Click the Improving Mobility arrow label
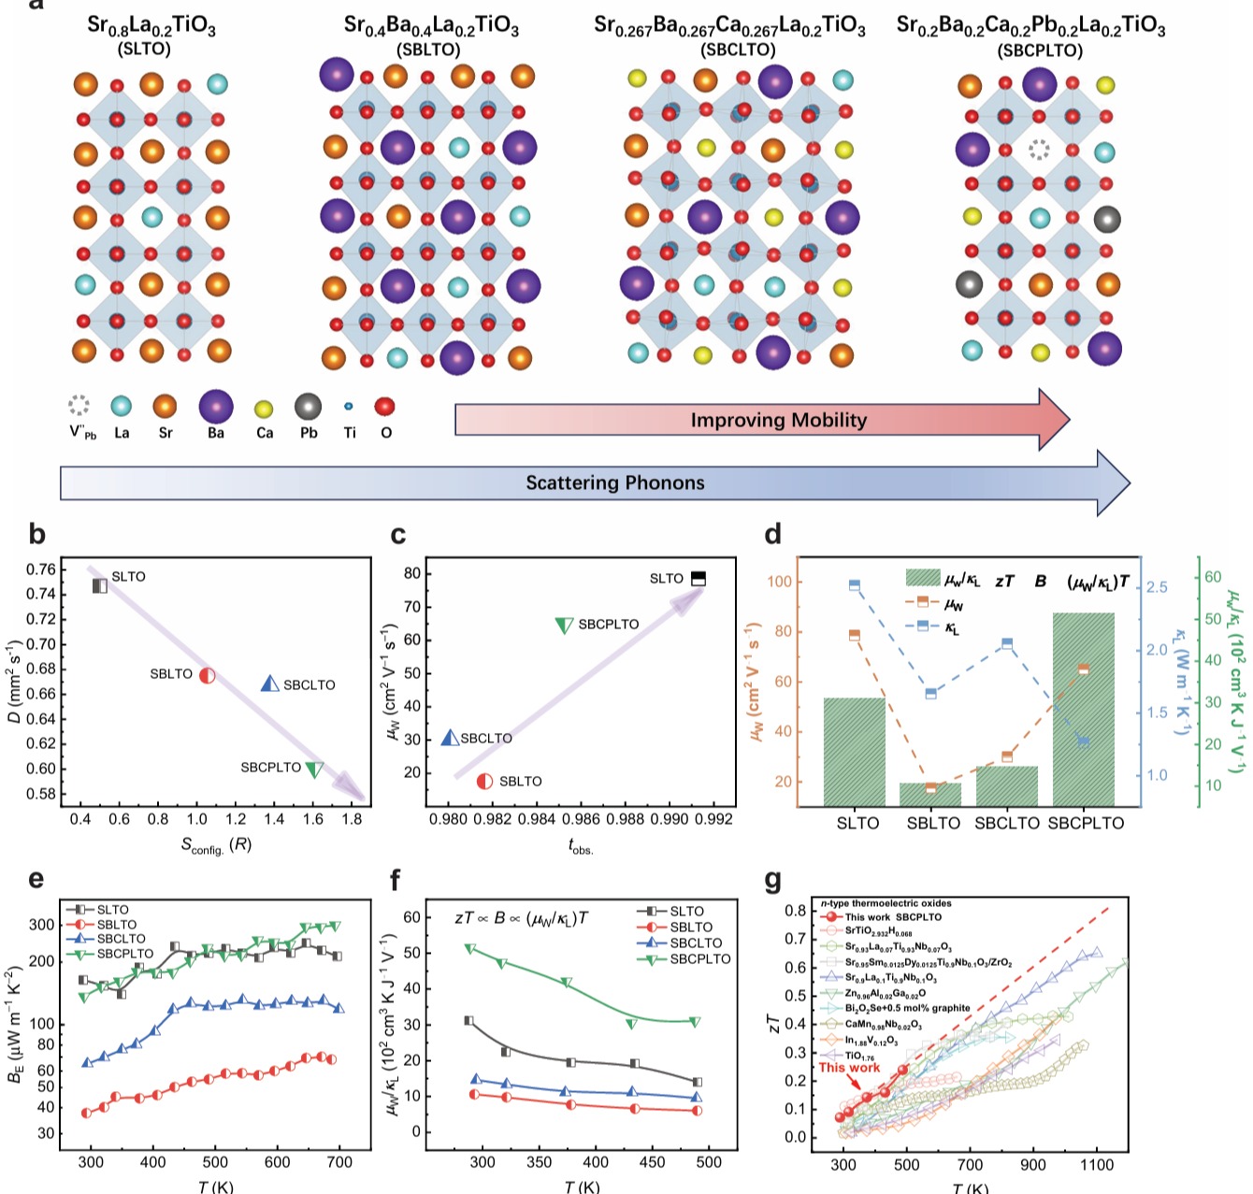[x=778, y=420]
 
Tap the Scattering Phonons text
[x=614, y=482]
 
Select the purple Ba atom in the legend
[x=216, y=407]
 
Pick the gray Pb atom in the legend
[x=309, y=407]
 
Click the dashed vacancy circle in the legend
[x=79, y=406]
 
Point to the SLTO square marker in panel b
[x=100, y=585]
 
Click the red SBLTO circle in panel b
[x=207, y=674]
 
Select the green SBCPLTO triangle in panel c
[x=564, y=625]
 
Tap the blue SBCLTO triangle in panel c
[x=450, y=737]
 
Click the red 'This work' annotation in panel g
[x=850, y=1068]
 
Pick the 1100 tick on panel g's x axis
[x=1097, y=1165]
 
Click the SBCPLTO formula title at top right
[x=1030, y=26]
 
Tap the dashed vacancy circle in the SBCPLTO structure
[x=1039, y=150]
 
